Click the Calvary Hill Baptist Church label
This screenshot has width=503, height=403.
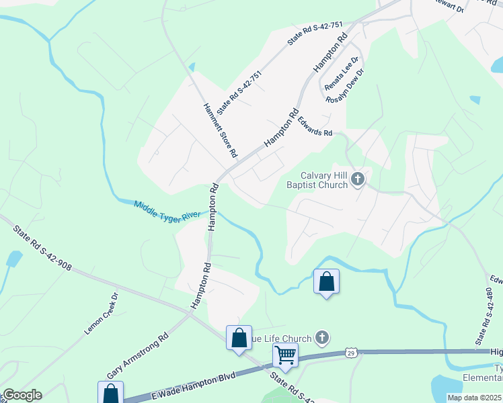(319, 179)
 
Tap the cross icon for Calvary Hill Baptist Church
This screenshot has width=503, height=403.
(358, 179)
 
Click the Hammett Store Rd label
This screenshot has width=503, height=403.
(220, 130)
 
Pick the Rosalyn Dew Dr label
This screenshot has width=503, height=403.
(345, 86)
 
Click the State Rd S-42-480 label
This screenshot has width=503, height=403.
(483, 317)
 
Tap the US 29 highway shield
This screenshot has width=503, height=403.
(350, 352)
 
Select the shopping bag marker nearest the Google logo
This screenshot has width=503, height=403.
(110, 393)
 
